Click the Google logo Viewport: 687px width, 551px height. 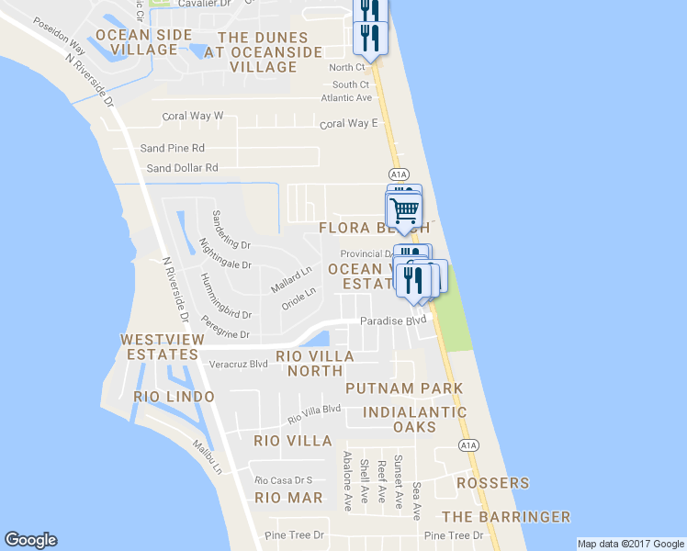(30, 540)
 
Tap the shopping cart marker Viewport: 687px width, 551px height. (404, 210)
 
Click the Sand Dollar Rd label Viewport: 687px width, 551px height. (183, 168)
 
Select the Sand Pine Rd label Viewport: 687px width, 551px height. (172, 147)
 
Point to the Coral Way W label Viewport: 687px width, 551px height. (193, 117)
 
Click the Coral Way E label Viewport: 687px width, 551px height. (348, 123)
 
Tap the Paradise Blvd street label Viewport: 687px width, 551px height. (393, 320)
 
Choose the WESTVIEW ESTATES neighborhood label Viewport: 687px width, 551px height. (160, 346)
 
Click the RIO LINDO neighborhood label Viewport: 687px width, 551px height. (174, 397)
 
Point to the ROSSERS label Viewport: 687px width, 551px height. (494, 483)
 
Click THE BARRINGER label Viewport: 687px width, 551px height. (506, 517)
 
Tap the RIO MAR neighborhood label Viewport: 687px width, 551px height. (288, 498)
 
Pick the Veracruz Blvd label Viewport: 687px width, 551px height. (239, 364)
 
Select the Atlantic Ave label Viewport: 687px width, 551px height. (346, 98)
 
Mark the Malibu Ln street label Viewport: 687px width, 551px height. (213, 455)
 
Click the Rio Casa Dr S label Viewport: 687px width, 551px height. (284, 479)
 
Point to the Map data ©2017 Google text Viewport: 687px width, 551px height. (631, 544)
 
